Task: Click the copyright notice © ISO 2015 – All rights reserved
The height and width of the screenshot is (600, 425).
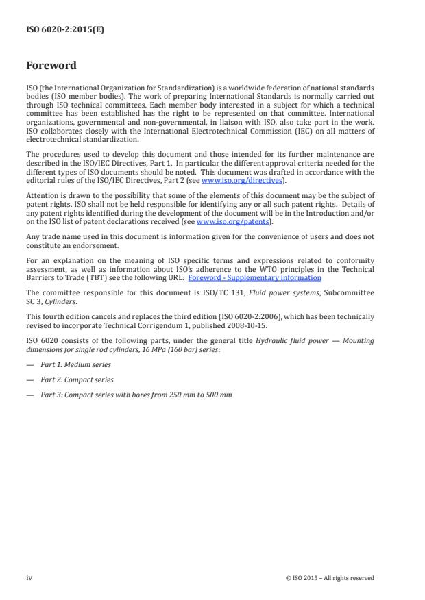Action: click(x=330, y=577)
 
